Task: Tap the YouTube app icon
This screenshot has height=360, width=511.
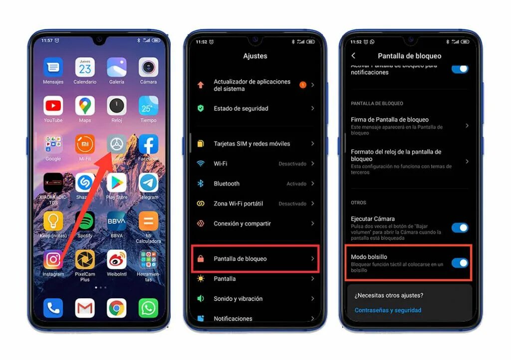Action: tap(53, 106)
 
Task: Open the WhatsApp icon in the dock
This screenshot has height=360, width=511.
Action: tap(148, 308)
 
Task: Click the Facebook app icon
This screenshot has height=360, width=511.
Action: tap(148, 144)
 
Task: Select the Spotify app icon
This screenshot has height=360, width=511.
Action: tap(85, 221)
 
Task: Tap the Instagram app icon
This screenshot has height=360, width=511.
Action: tap(53, 259)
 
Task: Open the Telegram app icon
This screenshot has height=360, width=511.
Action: tap(148, 182)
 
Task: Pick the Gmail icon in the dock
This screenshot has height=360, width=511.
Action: tap(85, 308)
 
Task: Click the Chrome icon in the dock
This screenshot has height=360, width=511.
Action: tap(116, 308)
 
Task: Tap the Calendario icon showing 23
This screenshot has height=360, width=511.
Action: tap(85, 67)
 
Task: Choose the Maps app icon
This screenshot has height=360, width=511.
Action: tap(85, 106)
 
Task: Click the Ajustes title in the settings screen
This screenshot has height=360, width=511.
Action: tap(255, 56)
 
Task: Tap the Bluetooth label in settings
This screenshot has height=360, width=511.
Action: tap(227, 183)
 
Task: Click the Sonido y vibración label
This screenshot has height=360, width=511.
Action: tap(238, 299)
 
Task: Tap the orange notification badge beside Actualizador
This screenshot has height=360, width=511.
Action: tap(302, 85)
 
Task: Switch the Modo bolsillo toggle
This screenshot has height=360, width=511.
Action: tap(460, 263)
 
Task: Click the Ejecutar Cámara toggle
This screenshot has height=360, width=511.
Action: tap(460, 228)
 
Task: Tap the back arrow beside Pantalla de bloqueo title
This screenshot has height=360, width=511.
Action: tap(353, 56)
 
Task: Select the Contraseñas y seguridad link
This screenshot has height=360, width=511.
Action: tap(388, 310)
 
